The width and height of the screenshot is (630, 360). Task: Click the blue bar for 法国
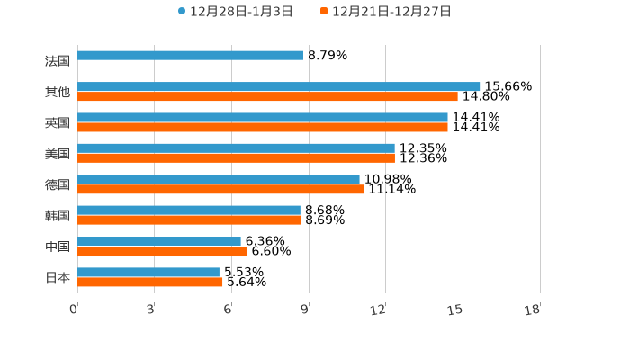pos(191,56)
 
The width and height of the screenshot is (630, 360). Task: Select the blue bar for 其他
pos(279,86)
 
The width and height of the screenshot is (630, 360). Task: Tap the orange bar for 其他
pos(267,96)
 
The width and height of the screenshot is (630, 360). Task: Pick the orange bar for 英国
pos(263,127)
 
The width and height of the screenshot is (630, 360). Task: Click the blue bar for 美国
pos(236,148)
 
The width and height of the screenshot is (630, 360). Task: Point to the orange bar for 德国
pos(220,189)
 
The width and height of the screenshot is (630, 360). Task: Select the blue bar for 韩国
pos(189,210)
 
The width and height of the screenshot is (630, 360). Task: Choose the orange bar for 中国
pos(162,251)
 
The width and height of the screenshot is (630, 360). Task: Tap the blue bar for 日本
pos(148,272)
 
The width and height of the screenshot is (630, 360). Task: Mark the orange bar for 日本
pos(150,282)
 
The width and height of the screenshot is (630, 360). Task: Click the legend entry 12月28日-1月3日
pos(235,12)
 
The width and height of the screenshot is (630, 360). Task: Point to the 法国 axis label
pos(58,61)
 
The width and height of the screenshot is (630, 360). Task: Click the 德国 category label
pos(58,184)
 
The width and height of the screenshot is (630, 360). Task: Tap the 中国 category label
pos(58,247)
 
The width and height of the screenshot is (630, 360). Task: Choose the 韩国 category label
pos(58,215)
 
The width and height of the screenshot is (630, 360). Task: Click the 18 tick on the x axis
pos(533,310)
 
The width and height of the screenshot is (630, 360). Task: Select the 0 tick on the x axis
pos(74,310)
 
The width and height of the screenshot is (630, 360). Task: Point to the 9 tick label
pos(305,310)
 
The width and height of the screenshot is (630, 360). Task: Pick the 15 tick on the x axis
pos(455,310)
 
